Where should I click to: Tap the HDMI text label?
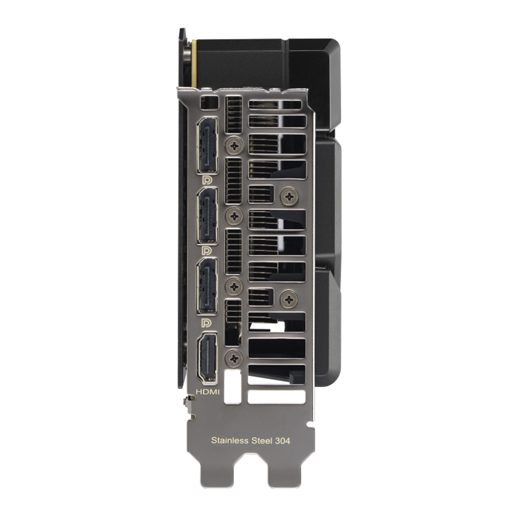[x=208, y=392]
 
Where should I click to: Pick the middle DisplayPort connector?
[x=207, y=216]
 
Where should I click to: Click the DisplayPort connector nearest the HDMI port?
[x=207, y=286]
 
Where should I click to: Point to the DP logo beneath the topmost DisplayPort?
[x=207, y=180]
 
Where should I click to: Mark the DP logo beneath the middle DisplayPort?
[x=207, y=251]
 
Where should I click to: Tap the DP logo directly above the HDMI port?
[x=207, y=322]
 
